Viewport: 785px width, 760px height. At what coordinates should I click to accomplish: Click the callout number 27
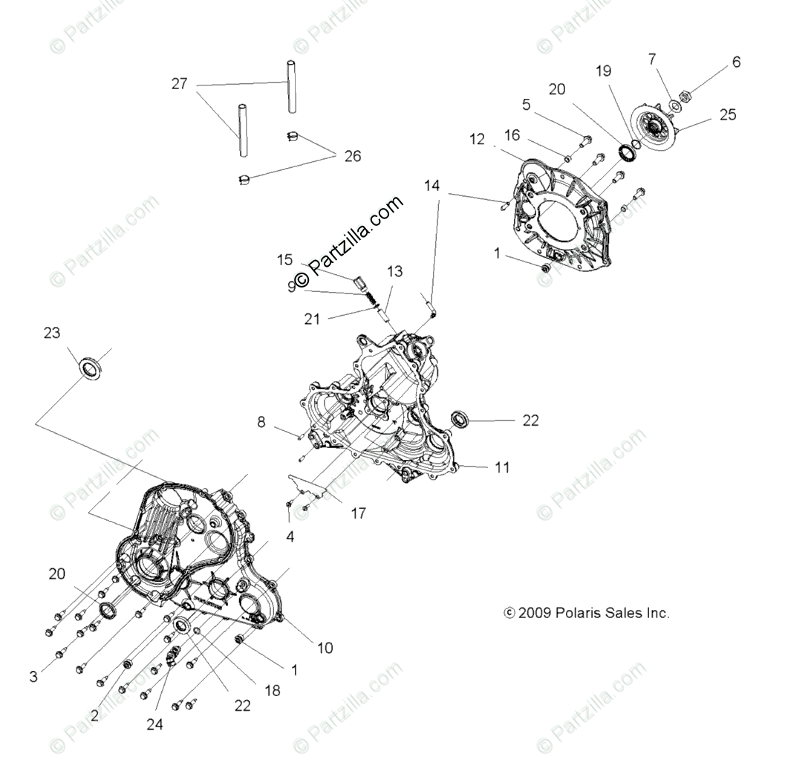[x=179, y=84]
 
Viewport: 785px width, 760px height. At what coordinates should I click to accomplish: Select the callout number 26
[x=352, y=156]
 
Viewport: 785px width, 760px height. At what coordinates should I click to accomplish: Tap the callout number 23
[x=51, y=333]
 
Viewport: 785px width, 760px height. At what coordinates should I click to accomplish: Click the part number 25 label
[x=728, y=114]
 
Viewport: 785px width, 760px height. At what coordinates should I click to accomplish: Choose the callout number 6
[x=736, y=62]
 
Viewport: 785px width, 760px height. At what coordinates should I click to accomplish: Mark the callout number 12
[x=477, y=138]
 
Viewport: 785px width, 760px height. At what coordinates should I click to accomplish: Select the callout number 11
[x=503, y=467]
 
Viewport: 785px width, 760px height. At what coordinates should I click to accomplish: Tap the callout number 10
[x=325, y=648]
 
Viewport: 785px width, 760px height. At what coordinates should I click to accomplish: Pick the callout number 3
[x=33, y=677]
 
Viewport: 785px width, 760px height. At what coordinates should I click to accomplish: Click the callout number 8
[x=261, y=423]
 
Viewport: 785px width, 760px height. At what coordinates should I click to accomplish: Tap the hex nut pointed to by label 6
[x=685, y=97]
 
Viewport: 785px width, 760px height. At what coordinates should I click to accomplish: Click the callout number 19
[x=603, y=71]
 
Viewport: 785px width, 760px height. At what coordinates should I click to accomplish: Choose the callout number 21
[x=312, y=319]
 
